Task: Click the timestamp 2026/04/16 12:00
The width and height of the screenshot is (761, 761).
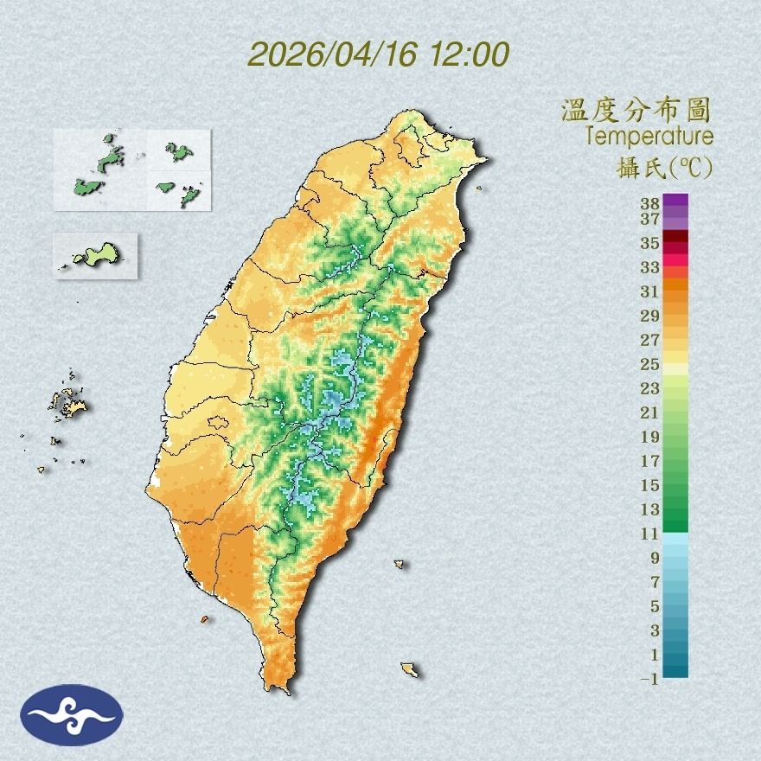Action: tap(378, 54)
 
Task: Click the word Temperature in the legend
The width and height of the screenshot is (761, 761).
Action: tap(649, 137)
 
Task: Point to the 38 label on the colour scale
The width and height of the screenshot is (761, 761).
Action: tap(650, 204)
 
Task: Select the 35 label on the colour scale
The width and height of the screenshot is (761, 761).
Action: tap(650, 243)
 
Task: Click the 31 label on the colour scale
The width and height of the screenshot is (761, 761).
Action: tap(650, 291)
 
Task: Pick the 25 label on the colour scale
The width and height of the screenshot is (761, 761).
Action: tap(650, 363)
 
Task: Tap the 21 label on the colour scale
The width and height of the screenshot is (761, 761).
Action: tap(650, 412)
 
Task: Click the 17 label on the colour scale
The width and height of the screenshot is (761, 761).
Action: tap(650, 461)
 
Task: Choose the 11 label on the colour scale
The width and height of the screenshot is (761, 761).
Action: tap(650, 534)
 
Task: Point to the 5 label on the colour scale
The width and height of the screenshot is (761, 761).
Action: tap(655, 606)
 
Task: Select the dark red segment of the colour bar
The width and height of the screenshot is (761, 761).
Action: tap(676, 237)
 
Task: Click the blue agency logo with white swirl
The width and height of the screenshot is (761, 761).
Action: tap(73, 715)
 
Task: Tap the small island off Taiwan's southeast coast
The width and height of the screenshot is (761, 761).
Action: tap(410, 669)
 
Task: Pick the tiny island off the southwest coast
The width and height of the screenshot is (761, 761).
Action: tap(205, 619)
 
